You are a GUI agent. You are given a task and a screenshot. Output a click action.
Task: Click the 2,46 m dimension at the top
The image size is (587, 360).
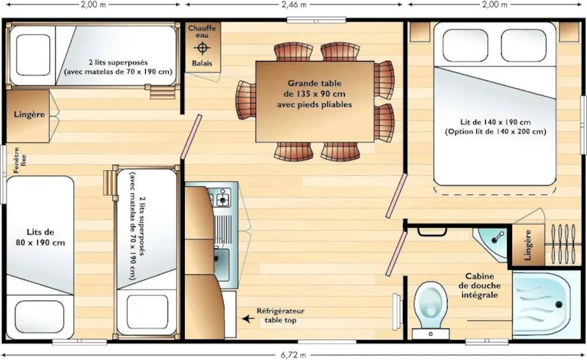(293, 4)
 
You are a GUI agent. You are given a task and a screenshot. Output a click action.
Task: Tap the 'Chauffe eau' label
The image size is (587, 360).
(202, 32)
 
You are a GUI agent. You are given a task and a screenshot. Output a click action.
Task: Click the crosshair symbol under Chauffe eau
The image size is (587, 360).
(202, 48)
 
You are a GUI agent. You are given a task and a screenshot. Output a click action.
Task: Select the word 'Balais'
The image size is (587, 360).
(202, 63)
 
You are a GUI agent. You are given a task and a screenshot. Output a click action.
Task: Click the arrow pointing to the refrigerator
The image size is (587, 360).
(249, 318)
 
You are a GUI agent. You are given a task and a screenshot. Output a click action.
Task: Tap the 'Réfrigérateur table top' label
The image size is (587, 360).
(280, 316)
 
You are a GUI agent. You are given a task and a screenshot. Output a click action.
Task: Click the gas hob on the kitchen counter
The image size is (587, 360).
(222, 197)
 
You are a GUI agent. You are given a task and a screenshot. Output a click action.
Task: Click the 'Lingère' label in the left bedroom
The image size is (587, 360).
(29, 115)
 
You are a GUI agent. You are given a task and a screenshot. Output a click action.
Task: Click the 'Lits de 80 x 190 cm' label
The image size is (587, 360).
(40, 236)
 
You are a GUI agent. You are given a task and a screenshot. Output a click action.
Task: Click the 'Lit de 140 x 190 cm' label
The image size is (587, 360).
(495, 126)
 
